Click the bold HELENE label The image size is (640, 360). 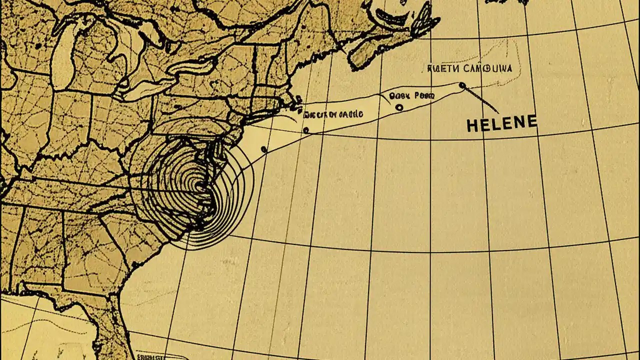click(501, 123)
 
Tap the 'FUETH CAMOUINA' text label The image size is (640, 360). click(470, 68)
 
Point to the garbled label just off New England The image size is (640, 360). click(332, 114)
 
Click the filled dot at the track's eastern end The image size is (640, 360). click(461, 85)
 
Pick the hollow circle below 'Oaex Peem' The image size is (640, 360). click(398, 107)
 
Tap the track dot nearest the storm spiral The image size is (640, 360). click(264, 149)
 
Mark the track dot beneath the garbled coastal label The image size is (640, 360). click(305, 130)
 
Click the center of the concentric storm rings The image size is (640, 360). click(200, 187)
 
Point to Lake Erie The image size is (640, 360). click(145, 87)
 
